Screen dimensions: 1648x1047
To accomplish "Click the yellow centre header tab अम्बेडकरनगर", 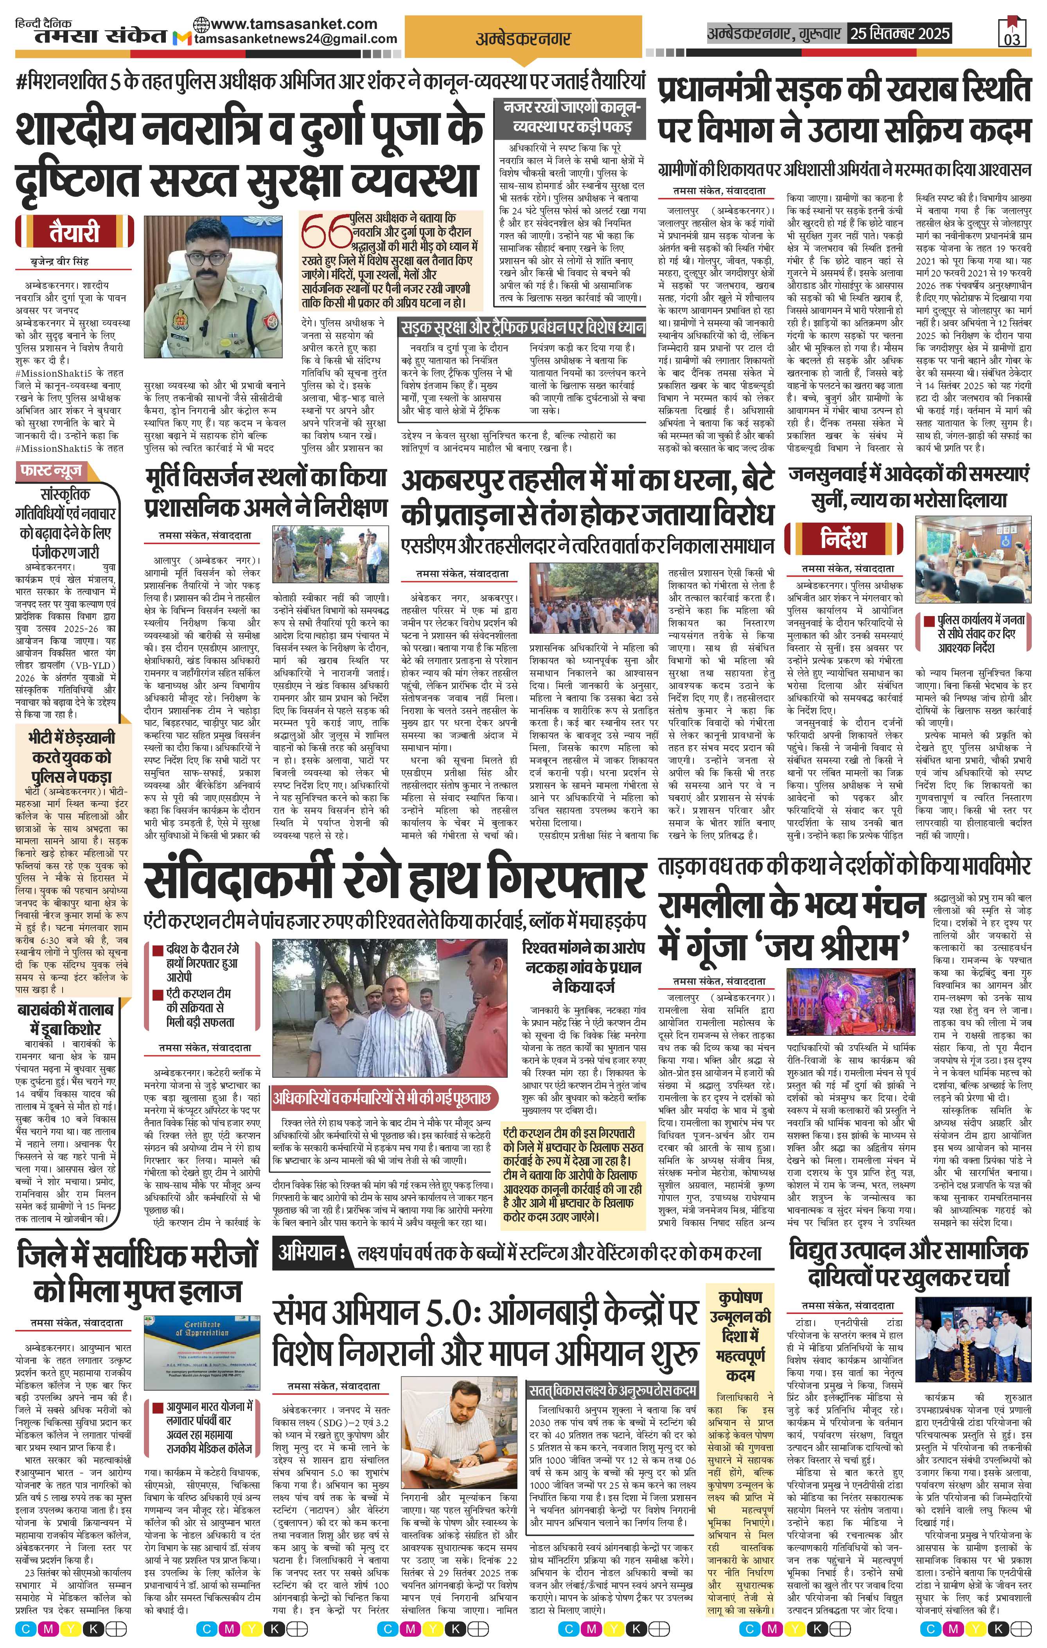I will [523, 39].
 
